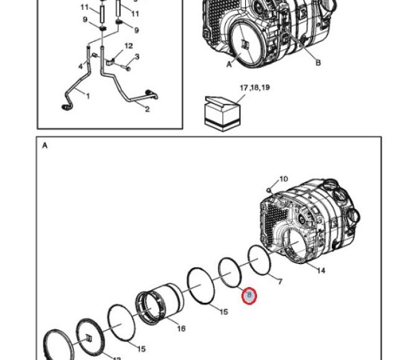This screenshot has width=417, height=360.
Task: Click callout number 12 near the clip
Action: pyautogui.click(x=128, y=46)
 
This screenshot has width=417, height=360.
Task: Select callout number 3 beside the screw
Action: pyautogui.click(x=137, y=57)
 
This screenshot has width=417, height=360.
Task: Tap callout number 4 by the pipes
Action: pyautogui.click(x=80, y=66)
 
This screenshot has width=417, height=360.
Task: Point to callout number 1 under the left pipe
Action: pyautogui.click(x=88, y=96)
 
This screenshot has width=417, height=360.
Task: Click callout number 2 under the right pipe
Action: pyautogui.click(x=147, y=110)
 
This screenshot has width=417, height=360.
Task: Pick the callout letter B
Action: pyautogui.click(x=317, y=62)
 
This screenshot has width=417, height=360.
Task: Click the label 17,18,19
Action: pyautogui.click(x=255, y=88)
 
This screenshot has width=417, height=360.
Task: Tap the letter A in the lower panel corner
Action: pyautogui.click(x=45, y=146)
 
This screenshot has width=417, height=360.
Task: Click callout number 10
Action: pyautogui.click(x=283, y=179)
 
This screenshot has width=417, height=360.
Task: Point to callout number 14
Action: pyautogui.click(x=321, y=270)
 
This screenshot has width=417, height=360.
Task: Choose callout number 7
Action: pyautogui.click(x=280, y=282)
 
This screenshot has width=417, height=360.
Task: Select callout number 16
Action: pyautogui.click(x=181, y=328)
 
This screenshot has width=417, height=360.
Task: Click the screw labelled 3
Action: pyautogui.click(x=127, y=65)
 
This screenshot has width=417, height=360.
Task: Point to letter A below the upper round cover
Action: pyautogui.click(x=229, y=64)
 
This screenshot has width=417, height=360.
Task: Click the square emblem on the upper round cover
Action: pyautogui.click(x=245, y=44)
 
